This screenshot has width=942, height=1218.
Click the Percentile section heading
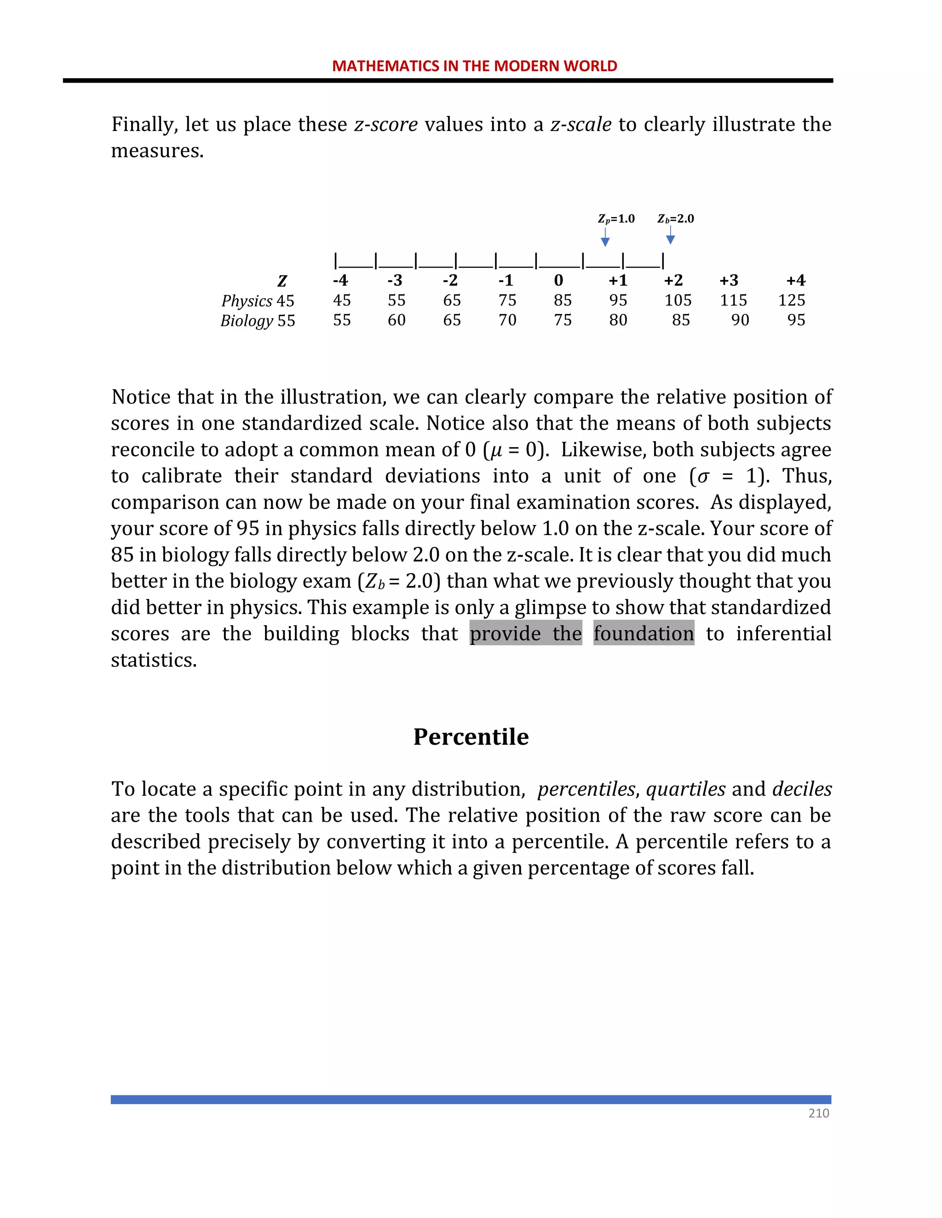point(471,737)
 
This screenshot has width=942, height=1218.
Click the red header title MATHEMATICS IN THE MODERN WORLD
point(474,66)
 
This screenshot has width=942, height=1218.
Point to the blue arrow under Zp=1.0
point(605,238)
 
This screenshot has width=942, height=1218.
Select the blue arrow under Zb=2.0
point(671,236)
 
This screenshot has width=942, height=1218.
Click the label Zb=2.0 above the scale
point(675,219)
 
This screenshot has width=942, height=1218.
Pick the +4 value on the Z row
point(795,280)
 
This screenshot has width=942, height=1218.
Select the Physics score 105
point(678,300)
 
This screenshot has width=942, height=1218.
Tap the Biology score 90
point(740,320)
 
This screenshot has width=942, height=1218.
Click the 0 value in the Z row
point(558,280)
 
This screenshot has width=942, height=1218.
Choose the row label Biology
point(247,321)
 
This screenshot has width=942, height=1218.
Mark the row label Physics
point(247,301)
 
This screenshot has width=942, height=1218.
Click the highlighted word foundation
point(643,633)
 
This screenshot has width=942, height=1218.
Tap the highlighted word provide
point(505,633)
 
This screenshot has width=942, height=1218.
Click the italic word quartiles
point(686,789)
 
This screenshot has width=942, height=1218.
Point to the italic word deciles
point(802,789)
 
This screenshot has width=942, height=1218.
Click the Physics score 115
point(733,300)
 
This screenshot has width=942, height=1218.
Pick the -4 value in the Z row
point(340,280)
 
